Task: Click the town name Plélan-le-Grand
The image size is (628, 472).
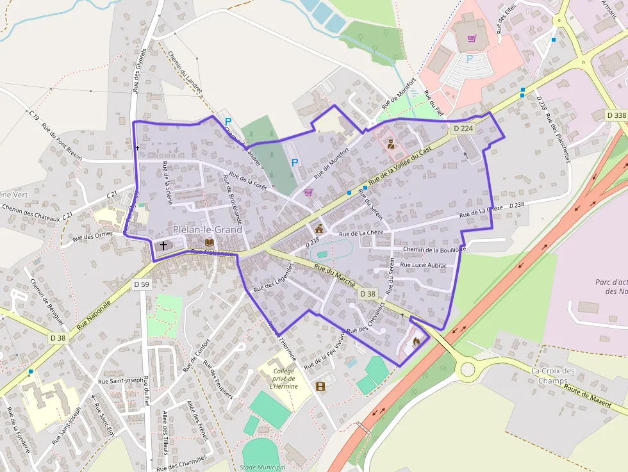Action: coord(208,229)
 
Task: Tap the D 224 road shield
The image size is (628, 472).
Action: coord(463,128)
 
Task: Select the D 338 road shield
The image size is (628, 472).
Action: coord(616,115)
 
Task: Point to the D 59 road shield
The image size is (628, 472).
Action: coord(141,283)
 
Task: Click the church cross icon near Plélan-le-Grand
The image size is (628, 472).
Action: coord(163,245)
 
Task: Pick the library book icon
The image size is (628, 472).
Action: coord(209,242)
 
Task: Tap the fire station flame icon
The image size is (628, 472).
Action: coord(417,341)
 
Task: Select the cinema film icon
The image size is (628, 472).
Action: coord(320,386)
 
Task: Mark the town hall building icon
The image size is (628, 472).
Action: coord(319,229)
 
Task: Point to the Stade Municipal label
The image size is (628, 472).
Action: coord(262,468)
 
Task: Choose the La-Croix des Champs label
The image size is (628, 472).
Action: coord(554,376)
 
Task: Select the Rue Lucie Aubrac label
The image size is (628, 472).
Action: coord(423,264)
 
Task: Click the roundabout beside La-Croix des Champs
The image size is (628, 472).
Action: coord(467,369)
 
